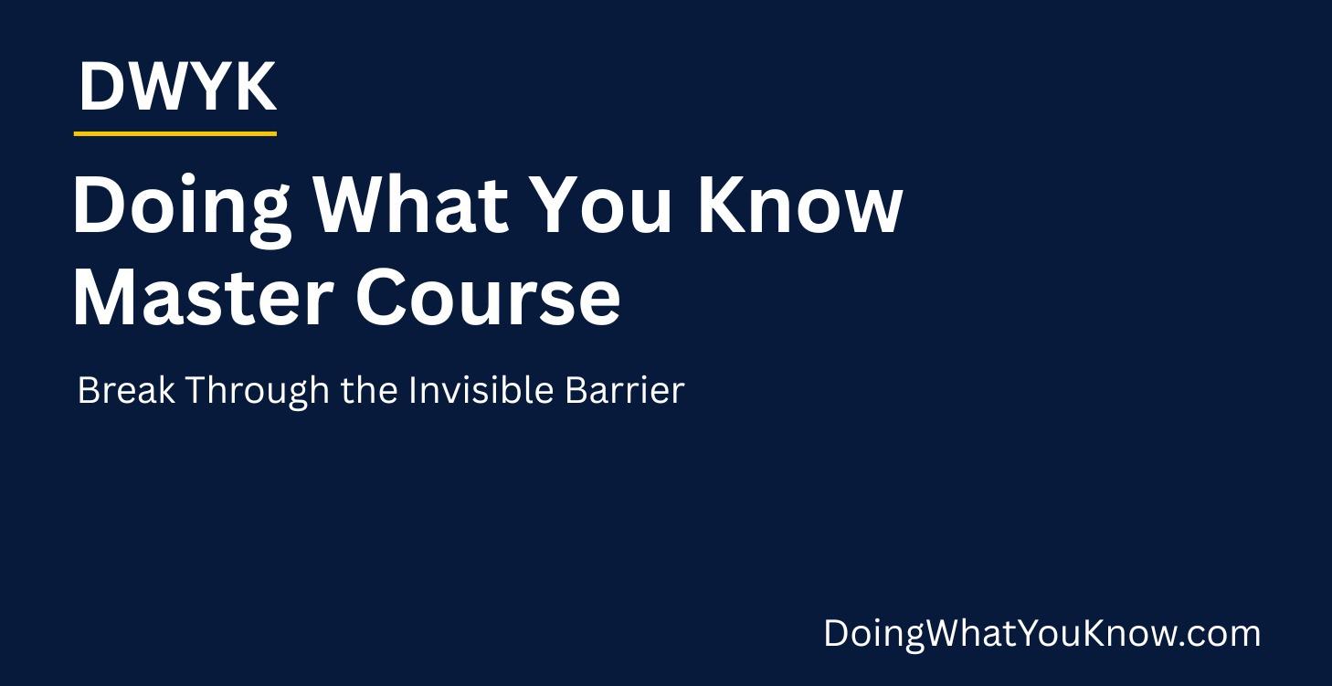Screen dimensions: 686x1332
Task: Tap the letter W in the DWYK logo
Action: tap(157, 88)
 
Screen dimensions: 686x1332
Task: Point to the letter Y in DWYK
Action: tap(211, 88)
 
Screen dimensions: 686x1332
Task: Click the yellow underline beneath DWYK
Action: tap(174, 133)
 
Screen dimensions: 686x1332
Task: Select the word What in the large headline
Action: tap(410, 206)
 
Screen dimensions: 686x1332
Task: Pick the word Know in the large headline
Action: tap(799, 206)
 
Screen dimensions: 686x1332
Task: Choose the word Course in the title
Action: tap(488, 298)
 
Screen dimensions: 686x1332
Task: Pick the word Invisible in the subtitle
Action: tap(481, 390)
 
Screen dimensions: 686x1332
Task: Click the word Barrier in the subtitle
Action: tap(624, 390)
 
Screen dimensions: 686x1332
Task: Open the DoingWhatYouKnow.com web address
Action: tap(1041, 634)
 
